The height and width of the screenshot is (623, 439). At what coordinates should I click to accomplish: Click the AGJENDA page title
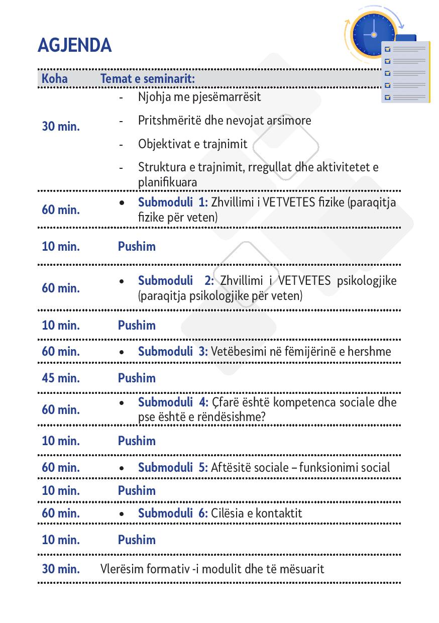74,46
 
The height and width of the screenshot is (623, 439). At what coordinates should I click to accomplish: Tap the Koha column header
54,79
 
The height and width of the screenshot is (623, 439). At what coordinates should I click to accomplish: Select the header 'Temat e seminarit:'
148,79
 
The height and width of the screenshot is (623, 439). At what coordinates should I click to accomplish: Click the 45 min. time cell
61,378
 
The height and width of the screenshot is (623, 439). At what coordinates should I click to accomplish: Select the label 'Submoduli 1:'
173,202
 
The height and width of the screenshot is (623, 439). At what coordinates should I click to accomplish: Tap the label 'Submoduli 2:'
176,280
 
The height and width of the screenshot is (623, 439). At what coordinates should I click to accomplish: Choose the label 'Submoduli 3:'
173,351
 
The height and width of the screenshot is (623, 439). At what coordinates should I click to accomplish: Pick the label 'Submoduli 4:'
173,402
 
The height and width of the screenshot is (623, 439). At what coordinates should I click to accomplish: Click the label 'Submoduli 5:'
173,467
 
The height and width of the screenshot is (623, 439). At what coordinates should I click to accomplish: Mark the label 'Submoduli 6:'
173,513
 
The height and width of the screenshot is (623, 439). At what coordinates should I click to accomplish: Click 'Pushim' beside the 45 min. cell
137,378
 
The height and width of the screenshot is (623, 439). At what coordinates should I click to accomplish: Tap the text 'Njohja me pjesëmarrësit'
199,96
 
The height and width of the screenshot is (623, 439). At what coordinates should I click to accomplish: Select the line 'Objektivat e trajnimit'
193,144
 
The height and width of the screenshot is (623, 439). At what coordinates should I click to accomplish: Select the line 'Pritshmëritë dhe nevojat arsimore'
225,121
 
